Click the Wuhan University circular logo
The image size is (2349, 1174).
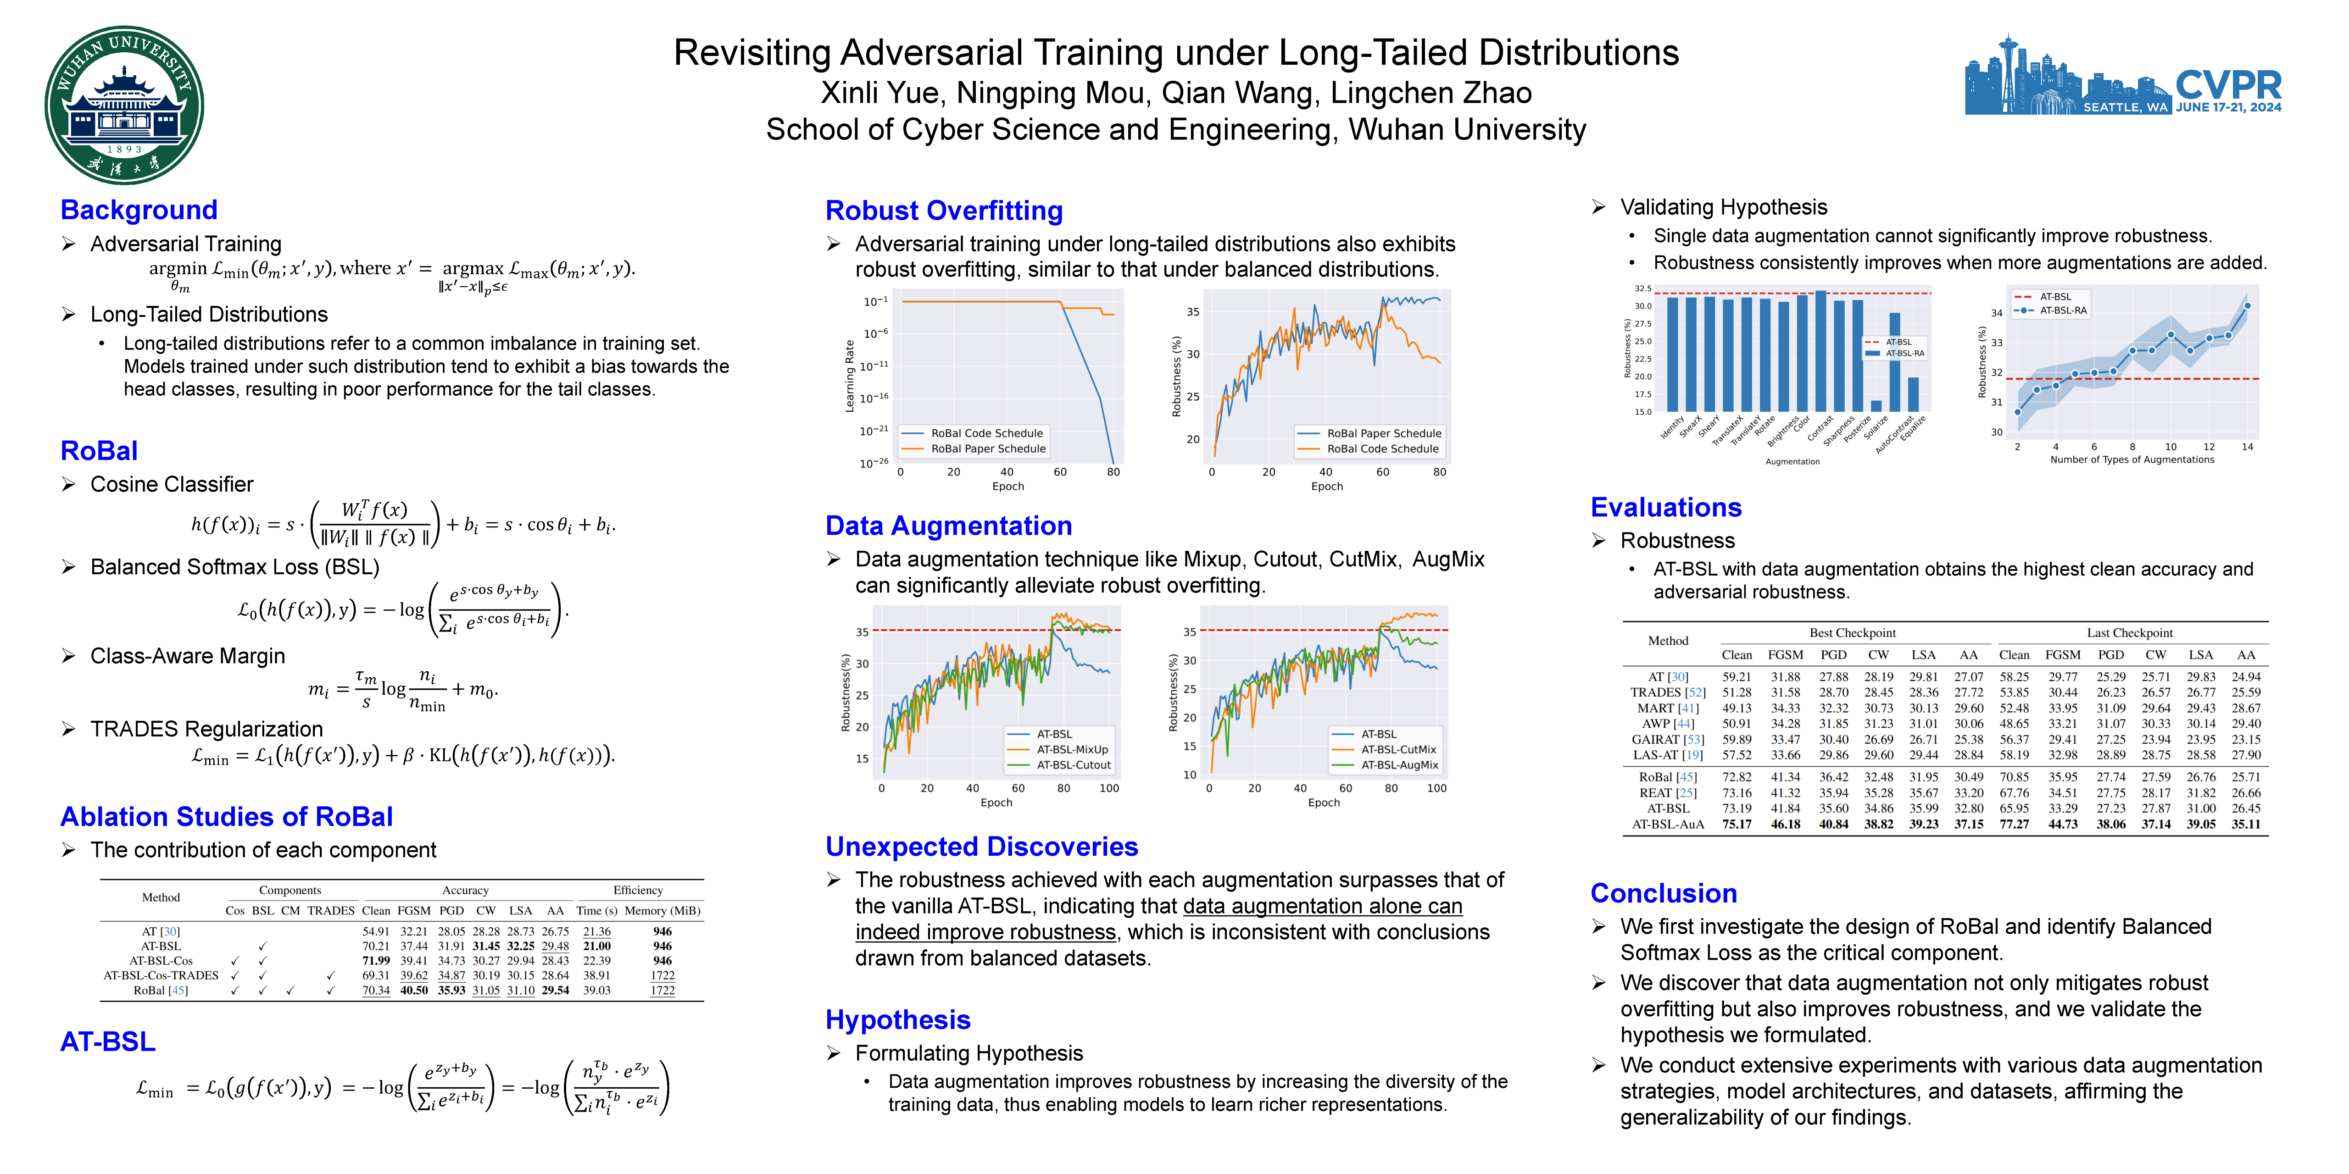tap(124, 105)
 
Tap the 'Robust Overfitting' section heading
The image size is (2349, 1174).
tap(944, 210)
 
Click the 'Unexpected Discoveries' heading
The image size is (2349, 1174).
tap(981, 847)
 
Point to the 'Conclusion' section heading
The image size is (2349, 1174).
tap(1663, 893)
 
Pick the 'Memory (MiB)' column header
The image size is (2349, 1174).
tap(662, 911)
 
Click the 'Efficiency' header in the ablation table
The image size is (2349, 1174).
tap(637, 891)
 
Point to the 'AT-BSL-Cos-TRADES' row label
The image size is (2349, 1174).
tap(161, 975)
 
